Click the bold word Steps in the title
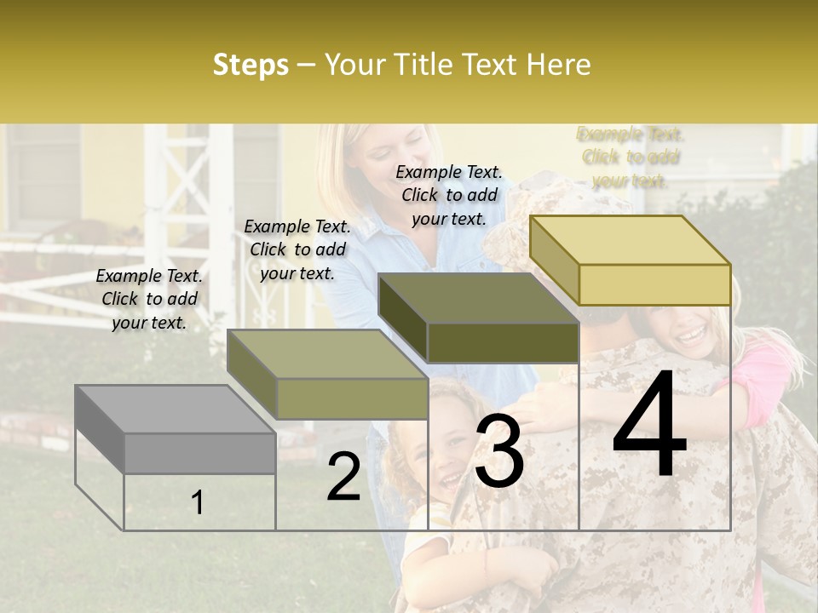point(251,65)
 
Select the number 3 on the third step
point(498,453)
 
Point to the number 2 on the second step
point(343,478)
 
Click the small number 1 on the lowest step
point(198,503)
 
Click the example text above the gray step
point(149,299)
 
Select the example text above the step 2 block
point(297,249)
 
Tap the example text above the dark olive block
point(449,195)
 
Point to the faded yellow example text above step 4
point(631,157)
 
